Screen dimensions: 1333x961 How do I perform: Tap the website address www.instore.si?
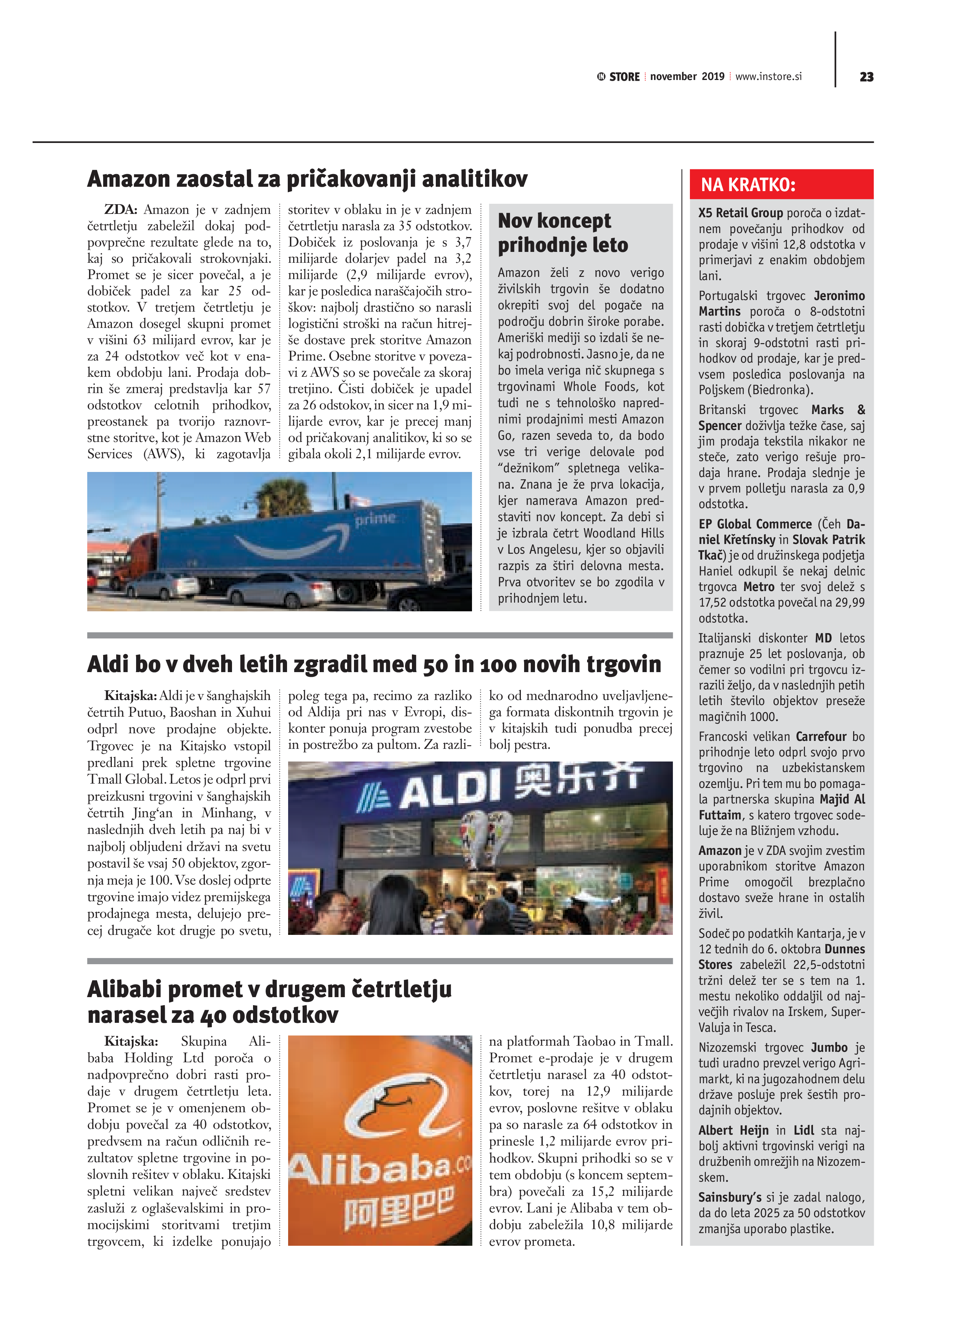[x=768, y=76]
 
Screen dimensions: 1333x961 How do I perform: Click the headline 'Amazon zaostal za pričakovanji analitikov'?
[x=307, y=179]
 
